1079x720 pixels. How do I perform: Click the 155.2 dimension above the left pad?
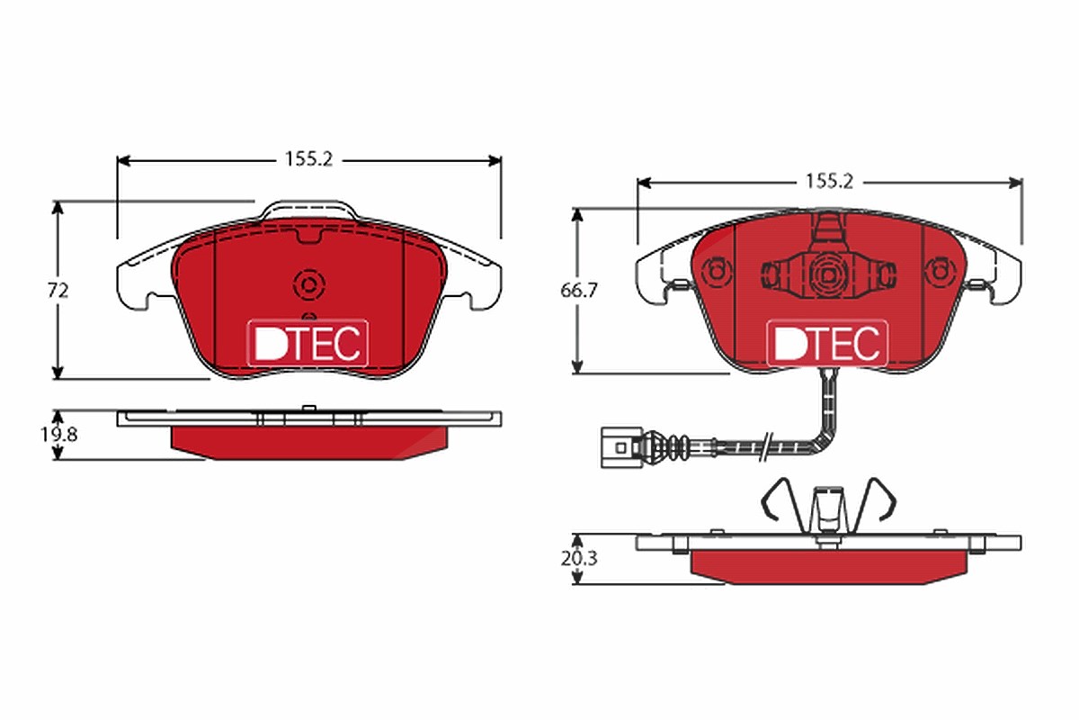[308, 159]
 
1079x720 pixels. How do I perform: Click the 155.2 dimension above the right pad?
[829, 182]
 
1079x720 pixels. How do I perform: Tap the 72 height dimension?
[58, 291]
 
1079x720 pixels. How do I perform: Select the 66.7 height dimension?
[578, 291]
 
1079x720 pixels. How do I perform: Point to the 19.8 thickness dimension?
[58, 435]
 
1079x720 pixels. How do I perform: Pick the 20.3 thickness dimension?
[578, 558]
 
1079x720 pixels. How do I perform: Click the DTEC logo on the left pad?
[308, 343]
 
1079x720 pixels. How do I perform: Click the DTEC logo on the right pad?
[827, 343]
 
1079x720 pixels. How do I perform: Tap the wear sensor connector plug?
[621, 447]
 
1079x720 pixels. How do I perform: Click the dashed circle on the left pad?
[308, 285]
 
